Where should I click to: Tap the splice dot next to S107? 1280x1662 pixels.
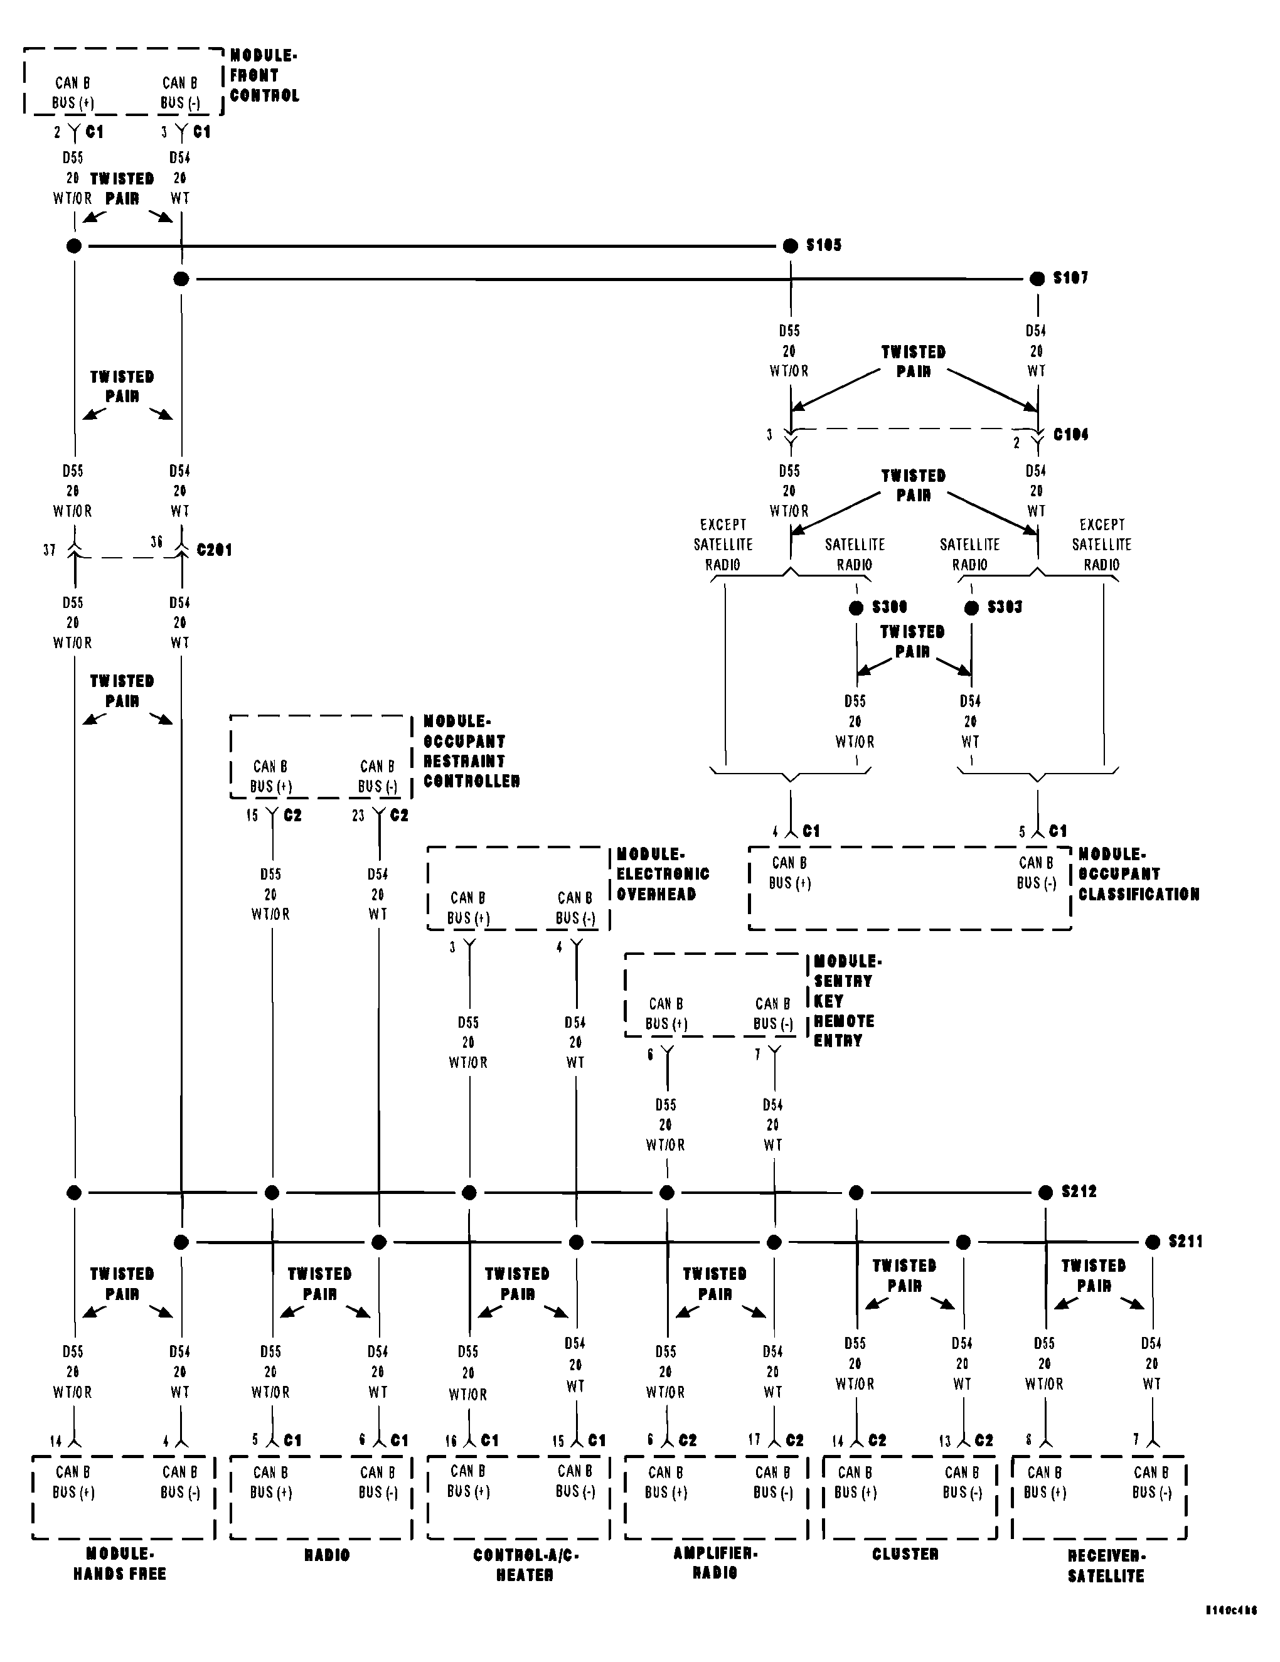point(1037,279)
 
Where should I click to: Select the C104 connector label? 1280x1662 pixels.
point(1070,435)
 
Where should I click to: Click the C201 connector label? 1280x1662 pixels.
point(214,550)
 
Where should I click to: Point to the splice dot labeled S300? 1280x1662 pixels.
point(856,607)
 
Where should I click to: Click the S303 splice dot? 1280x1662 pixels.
point(971,607)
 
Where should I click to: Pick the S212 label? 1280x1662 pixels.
point(1079,1191)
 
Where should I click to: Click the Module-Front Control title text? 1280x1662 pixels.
point(264,75)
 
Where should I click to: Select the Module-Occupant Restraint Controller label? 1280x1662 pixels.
point(471,750)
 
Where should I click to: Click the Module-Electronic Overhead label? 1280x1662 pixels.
point(662,873)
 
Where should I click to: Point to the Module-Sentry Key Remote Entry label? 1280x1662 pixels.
point(843,1000)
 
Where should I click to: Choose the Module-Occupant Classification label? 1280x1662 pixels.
point(1138,873)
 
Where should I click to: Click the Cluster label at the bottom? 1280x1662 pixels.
point(905,1553)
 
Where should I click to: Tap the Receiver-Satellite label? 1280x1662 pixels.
point(1105,1565)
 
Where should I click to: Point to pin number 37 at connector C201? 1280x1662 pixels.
point(50,550)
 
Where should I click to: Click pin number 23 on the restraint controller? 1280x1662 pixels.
point(358,816)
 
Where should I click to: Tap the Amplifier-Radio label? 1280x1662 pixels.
point(715,1562)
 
